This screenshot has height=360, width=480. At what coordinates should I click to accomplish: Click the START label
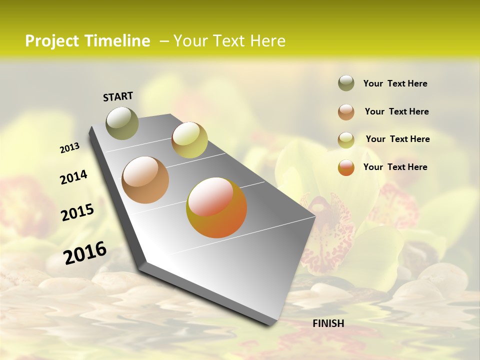coord(118,96)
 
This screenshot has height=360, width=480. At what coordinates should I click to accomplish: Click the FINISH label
coord(328,323)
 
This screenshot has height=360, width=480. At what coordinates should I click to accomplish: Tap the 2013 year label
coord(69,148)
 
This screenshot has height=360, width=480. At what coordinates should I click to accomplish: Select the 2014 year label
coord(73,177)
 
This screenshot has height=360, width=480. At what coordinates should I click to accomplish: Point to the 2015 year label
coord(77,212)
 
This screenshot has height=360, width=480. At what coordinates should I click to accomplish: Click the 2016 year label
coord(85,253)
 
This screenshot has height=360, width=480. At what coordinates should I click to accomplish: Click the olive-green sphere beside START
coord(122,123)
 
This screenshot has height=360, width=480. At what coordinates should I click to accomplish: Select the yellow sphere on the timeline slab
coord(189,140)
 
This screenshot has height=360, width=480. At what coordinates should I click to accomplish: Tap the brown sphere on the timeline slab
coord(145,180)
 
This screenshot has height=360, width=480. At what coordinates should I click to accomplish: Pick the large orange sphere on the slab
coord(216,207)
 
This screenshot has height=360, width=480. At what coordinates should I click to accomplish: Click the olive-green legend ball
coord(346,83)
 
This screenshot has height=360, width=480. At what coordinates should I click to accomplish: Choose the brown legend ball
coord(346,112)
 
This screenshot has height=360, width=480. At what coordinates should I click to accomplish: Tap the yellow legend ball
coord(346,140)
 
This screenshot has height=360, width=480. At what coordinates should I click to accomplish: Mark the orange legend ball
coord(346,167)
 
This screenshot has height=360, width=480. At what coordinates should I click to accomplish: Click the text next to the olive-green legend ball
coord(395,84)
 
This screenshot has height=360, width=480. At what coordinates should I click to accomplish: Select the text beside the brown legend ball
coord(396,111)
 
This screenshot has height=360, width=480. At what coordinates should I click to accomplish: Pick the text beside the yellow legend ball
coord(397,139)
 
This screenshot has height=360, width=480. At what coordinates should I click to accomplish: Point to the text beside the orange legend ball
coord(395,167)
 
